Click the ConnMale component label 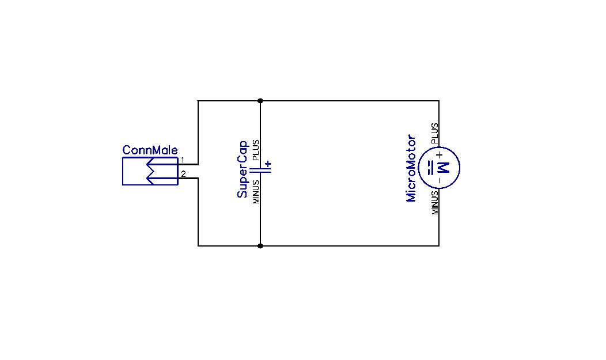150,150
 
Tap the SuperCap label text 243,169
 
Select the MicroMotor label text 411,168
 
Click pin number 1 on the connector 182,160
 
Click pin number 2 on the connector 183,173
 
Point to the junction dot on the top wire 260,101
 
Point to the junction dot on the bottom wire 260,246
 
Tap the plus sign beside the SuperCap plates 267,166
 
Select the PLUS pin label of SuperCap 256,150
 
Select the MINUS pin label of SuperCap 256,192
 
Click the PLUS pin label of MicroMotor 435,134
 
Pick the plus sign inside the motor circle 439,155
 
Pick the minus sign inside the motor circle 439,180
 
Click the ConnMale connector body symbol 150,171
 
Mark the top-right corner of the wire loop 439,101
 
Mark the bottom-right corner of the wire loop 439,246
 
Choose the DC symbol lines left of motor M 430,168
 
